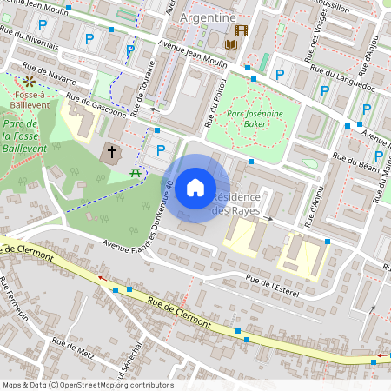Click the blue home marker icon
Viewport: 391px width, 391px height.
point(195,188)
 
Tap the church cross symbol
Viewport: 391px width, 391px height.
point(111,153)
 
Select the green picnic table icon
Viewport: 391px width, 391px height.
point(136,173)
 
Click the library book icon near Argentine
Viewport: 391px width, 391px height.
point(232,44)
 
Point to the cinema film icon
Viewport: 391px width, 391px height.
point(241,30)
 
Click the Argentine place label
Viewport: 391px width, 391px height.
point(207,17)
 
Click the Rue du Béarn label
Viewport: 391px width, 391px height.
point(361,162)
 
